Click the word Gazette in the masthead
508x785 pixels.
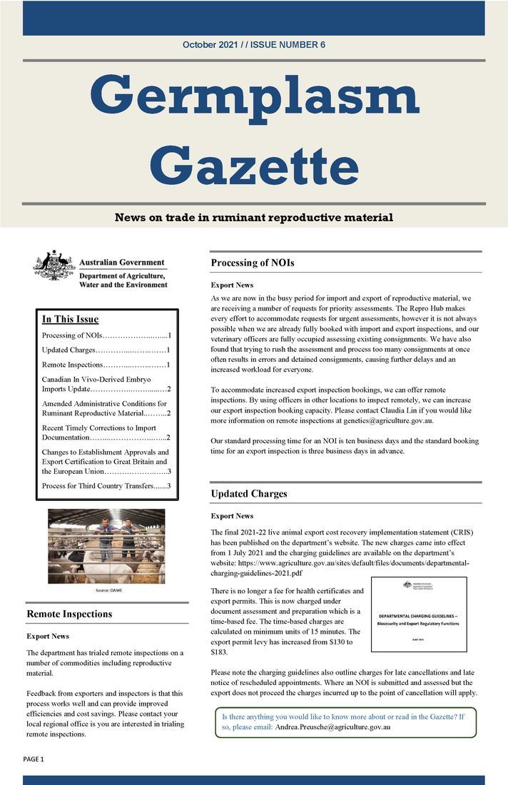[x=253, y=166]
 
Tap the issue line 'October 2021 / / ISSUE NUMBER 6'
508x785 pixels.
[x=253, y=45]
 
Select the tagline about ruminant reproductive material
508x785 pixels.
[x=253, y=217]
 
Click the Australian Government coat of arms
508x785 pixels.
[x=54, y=266]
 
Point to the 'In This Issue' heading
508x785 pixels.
[x=70, y=319]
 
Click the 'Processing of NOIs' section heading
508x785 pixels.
[x=253, y=263]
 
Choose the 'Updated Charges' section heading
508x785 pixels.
[x=249, y=493]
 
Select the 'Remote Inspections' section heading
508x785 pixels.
[x=69, y=613]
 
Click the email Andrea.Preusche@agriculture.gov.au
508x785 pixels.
[x=331, y=726]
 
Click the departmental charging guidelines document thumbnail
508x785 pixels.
[x=419, y=614]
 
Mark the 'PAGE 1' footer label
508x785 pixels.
[x=34, y=759]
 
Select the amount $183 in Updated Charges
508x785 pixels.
[x=219, y=652]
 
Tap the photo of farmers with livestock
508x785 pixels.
[x=106, y=546]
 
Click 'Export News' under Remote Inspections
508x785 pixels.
[x=48, y=635]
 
